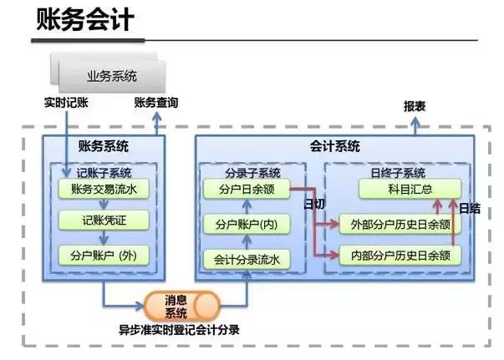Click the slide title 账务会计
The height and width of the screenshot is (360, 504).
[x=84, y=21]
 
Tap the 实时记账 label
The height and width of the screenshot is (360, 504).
[x=66, y=104]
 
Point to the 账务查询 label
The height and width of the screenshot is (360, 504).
[x=155, y=104]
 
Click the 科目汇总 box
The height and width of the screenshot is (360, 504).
[x=409, y=190]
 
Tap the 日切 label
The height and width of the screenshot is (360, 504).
[x=315, y=205]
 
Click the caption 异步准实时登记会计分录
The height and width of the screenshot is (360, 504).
[x=179, y=329]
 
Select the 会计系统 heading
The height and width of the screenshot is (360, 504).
[x=340, y=145]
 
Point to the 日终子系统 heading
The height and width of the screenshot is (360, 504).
[x=398, y=173]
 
